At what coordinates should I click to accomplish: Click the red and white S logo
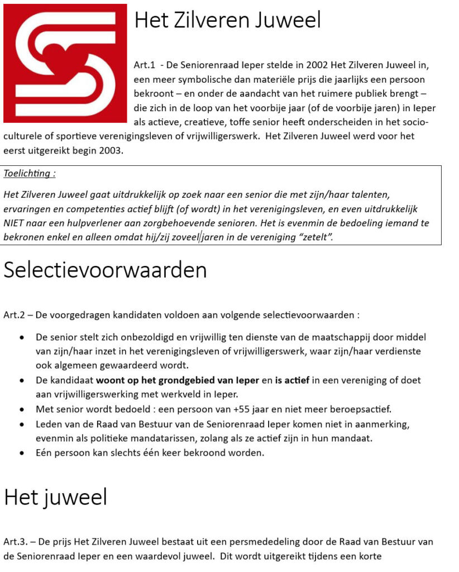point(65,63)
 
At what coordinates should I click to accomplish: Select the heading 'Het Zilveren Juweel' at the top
point(227,21)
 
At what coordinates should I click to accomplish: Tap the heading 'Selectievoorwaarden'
point(105,270)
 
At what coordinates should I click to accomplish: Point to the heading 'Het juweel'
point(55,497)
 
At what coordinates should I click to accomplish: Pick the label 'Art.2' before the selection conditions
point(14,315)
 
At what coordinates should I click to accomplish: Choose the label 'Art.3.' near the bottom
point(16,542)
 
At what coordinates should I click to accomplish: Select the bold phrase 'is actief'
point(291,380)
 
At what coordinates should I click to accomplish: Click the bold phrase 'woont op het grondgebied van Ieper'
point(178,380)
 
